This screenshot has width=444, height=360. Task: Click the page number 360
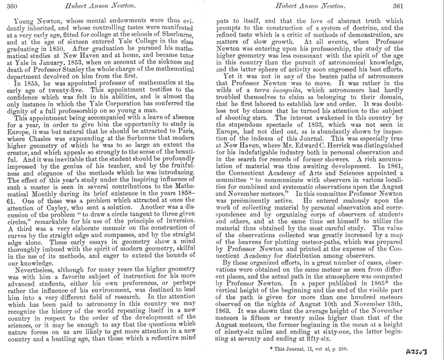(x=12, y=6)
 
